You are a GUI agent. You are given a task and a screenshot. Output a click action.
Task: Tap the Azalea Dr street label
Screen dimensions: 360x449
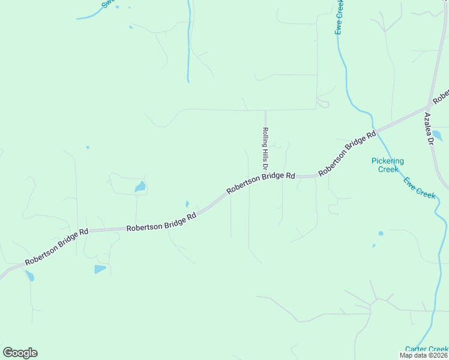click(429, 129)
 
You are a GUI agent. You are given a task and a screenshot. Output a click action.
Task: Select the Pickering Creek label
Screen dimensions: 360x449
click(387, 165)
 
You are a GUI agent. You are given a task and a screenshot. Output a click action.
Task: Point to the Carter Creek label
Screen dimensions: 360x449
click(426, 349)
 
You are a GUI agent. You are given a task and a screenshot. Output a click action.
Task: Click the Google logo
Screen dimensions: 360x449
click(20, 353)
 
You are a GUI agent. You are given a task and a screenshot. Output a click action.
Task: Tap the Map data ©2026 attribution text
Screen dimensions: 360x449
click(424, 355)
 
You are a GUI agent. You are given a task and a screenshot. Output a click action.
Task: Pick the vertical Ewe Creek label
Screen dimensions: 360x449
click(339, 17)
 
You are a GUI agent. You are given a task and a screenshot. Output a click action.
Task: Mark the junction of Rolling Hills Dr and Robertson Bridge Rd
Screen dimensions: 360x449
click(265, 178)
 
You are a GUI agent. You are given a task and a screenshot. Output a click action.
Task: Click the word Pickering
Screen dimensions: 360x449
click(387, 161)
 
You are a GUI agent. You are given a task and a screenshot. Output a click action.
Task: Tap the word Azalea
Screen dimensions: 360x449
click(428, 124)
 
